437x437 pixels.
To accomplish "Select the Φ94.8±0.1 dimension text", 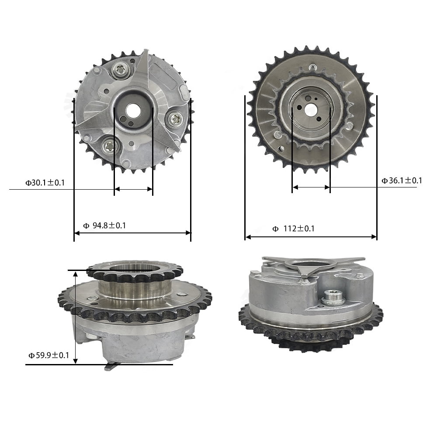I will [x=104, y=225].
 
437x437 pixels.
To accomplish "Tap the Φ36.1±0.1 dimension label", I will [x=402, y=180].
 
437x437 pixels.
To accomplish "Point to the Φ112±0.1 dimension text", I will [x=293, y=228].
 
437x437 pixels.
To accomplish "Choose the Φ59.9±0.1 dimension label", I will [x=49, y=355].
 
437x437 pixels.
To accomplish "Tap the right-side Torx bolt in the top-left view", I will [x=176, y=118].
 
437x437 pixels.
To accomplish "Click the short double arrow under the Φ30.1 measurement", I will [x=133, y=189].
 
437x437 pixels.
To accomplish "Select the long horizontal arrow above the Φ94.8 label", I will [x=132, y=233].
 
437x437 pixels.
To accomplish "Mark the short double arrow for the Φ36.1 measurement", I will [x=311, y=187].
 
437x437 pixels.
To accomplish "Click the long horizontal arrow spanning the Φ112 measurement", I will [x=311, y=237].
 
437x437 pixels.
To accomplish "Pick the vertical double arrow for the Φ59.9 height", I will [x=76, y=317].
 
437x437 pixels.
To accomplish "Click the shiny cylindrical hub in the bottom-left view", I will [x=134, y=288].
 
